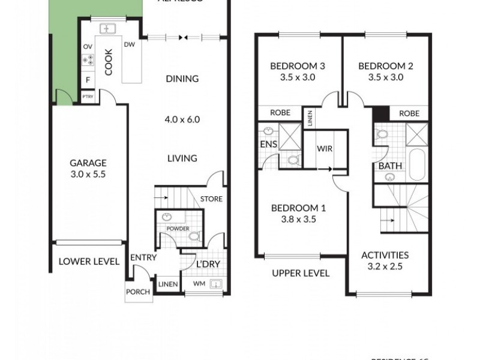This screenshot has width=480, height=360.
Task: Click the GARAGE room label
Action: tap(88, 163)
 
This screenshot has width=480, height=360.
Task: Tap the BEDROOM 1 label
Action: tap(298, 208)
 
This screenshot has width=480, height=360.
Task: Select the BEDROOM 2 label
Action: tap(384, 66)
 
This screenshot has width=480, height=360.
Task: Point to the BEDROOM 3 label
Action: tap(298, 66)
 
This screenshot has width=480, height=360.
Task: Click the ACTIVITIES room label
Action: tap(385, 255)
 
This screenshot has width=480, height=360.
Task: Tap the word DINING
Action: tap(182, 79)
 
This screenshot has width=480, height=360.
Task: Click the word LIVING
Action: tap(182, 158)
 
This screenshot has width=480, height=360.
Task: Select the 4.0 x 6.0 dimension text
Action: tap(182, 119)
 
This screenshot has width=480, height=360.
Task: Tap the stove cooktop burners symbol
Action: tap(88, 59)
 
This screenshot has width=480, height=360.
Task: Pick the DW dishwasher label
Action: tap(129, 44)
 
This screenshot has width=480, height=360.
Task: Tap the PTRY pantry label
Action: tap(88, 96)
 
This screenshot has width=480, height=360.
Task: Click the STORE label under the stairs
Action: tap(211, 199)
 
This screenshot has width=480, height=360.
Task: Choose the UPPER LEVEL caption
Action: tap(301, 273)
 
